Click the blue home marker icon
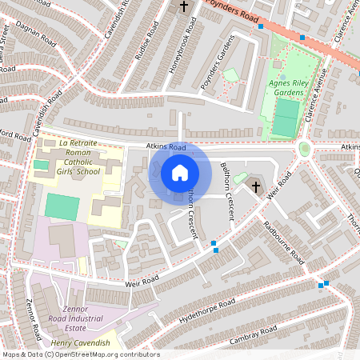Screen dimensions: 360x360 coord(180,172)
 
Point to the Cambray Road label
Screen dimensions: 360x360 coord(253,331)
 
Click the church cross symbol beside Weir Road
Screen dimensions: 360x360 coord(256,187)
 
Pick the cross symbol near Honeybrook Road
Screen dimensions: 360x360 coord(184,7)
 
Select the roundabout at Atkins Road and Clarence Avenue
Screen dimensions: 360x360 coord(304,149)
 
